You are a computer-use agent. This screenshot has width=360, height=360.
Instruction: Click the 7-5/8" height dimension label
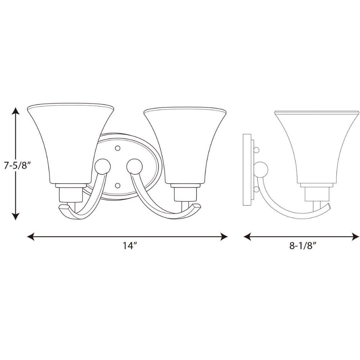click(x=17, y=165)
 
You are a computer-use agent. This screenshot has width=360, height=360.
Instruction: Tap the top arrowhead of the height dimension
click(x=15, y=111)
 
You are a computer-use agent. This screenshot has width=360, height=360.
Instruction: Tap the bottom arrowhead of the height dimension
click(x=15, y=216)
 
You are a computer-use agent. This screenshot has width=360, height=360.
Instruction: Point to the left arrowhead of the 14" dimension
click(x=31, y=237)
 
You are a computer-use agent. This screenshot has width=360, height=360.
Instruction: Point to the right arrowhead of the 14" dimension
click(x=224, y=237)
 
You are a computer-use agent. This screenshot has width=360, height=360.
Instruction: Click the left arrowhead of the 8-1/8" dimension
click(x=247, y=237)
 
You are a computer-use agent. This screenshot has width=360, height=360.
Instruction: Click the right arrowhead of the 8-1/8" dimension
click(x=355, y=237)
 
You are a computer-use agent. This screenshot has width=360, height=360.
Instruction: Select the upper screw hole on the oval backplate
click(x=118, y=148)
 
